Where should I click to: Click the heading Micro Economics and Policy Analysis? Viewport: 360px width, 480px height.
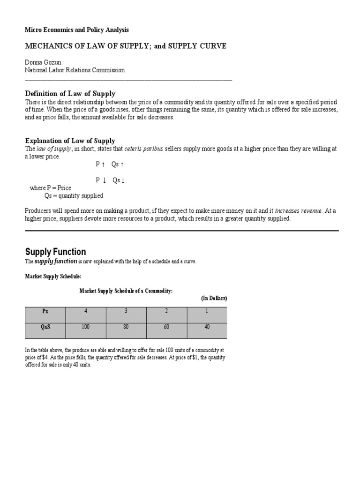tap(76, 30)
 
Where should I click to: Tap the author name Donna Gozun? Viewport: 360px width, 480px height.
tap(43, 61)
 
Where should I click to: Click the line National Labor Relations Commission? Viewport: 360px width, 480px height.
tap(75, 70)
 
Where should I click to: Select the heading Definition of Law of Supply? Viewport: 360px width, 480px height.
tap(70, 94)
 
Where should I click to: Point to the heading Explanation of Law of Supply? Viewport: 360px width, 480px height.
tap(70, 141)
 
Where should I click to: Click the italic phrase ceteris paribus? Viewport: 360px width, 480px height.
tap(144, 149)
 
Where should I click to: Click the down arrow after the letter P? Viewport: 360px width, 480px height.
tap(104, 180)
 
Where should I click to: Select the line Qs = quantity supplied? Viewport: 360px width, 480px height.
tap(74, 195)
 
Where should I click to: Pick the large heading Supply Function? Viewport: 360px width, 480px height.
tap(55, 252)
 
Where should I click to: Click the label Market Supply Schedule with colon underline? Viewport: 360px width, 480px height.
tap(53, 277)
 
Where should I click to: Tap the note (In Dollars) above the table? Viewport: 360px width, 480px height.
tap(214, 298)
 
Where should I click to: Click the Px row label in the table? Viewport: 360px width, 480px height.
tap(45, 311)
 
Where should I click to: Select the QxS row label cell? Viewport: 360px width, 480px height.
tap(45, 327)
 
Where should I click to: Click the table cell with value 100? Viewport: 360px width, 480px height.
tap(86, 327)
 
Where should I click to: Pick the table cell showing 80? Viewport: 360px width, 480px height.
tap(126, 327)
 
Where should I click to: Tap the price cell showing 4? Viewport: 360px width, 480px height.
tap(86, 311)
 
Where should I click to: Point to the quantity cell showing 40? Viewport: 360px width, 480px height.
tap(207, 327)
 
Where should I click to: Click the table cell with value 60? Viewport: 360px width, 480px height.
tap(166, 327)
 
